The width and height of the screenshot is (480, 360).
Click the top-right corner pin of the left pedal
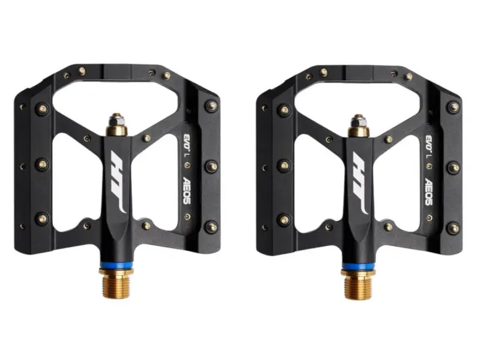pyautogui.click(x=211, y=106)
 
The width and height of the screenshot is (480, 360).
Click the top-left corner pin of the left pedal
pyautogui.click(x=42, y=109)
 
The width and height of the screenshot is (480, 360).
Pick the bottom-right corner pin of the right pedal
pyautogui.click(x=453, y=227)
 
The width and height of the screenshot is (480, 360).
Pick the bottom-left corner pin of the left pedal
pyautogui.click(x=42, y=219)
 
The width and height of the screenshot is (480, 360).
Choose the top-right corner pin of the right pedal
pyautogui.click(x=453, y=106)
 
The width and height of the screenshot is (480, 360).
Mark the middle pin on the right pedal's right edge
pyautogui.click(x=453, y=167)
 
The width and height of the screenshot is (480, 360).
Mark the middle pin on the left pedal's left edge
pyautogui.click(x=42, y=164)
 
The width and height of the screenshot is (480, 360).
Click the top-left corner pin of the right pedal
pyautogui.click(x=284, y=109)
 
